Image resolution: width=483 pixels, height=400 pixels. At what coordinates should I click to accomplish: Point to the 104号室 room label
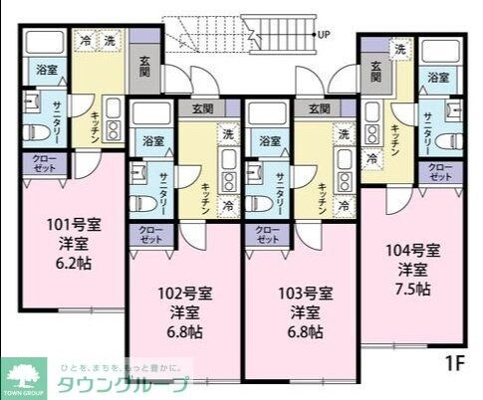click(411, 250)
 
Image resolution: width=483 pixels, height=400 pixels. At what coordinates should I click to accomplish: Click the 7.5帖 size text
click(411, 289)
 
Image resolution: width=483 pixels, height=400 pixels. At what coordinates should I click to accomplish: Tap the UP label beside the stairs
click(324, 34)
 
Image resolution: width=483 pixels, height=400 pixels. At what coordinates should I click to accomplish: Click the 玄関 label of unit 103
click(319, 108)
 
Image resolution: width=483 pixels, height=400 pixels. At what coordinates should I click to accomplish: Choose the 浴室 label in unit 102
click(152, 140)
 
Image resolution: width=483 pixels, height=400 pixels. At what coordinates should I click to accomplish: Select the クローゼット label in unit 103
click(267, 235)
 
